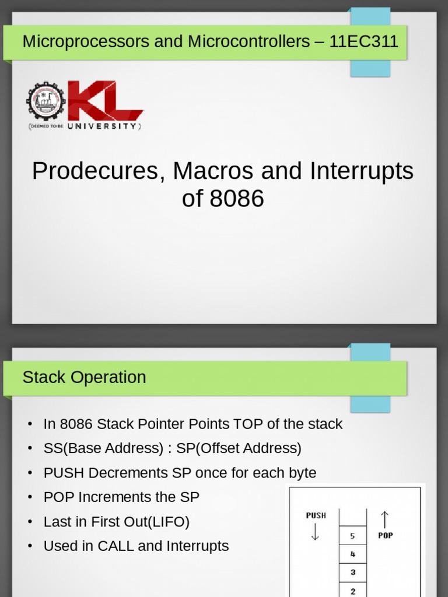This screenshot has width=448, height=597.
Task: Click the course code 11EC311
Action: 363,41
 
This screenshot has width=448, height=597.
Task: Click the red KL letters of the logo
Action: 105,101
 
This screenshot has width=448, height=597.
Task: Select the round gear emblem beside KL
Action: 45,101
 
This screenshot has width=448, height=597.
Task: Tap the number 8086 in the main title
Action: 236,199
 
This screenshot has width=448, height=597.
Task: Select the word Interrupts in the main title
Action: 362,171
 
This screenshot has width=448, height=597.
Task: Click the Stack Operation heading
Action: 84,377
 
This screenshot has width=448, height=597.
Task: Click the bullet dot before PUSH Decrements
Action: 30,473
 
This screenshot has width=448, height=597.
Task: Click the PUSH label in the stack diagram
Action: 316,515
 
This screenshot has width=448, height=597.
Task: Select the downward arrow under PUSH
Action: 315,531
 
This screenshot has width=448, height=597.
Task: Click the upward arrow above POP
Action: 384,519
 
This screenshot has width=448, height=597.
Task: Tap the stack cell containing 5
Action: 352,536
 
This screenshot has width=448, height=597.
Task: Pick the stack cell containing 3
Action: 352,573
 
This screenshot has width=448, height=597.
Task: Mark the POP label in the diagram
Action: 385,535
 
